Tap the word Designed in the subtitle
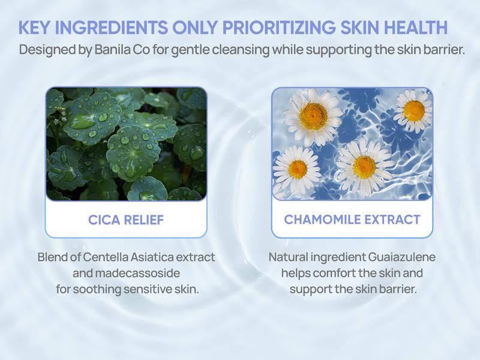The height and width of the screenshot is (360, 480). [x=48, y=50]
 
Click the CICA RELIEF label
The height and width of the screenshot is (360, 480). [x=126, y=220]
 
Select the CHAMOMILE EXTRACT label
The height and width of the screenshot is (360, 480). [x=352, y=220]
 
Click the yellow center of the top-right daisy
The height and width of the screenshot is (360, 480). [x=414, y=110]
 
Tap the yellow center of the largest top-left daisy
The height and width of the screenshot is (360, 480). [x=313, y=116]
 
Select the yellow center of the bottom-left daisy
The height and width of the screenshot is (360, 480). [x=298, y=169]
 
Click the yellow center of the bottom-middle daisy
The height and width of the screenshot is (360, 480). [x=364, y=167]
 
